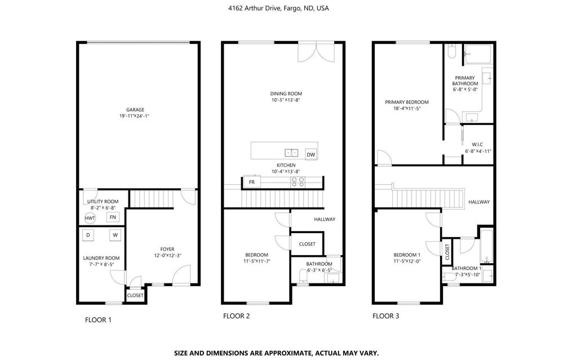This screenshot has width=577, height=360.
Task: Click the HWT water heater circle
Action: tap(90, 218)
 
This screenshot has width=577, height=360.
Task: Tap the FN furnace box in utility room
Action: tap(113, 217)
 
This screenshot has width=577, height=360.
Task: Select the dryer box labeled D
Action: tap(88, 235)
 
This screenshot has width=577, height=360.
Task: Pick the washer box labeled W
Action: tap(114, 235)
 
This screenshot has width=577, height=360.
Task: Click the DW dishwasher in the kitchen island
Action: tap(310, 154)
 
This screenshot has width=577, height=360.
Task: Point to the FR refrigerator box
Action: tap(251, 182)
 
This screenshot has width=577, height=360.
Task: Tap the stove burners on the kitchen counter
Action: tap(298, 181)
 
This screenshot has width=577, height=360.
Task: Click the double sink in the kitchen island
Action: tap(291, 152)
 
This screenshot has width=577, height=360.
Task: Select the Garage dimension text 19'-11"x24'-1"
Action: tap(135, 116)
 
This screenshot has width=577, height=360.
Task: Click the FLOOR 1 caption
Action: tap(98, 320)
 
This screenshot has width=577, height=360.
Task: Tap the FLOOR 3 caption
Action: tap(385, 316)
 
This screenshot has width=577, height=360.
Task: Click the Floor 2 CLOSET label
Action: tap(307, 244)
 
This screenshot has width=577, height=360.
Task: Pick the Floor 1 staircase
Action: tap(145, 198)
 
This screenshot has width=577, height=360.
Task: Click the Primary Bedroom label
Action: tap(406, 102)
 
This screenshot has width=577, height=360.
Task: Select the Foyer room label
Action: tap(167, 248)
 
